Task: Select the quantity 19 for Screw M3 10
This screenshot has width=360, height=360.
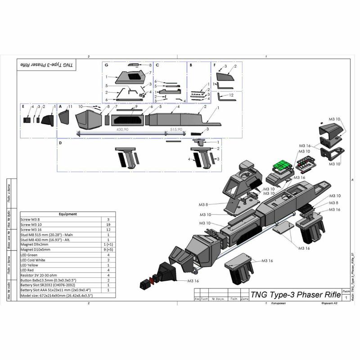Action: pyautogui.click(x=108, y=224)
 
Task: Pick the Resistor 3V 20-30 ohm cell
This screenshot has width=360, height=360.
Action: pyautogui.click(x=41, y=275)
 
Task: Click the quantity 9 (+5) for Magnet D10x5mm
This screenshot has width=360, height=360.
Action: pyautogui.click(x=108, y=249)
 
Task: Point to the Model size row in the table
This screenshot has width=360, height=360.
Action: pyautogui.click(x=57, y=295)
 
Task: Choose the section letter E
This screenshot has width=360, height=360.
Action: pyautogui.click(x=23, y=106)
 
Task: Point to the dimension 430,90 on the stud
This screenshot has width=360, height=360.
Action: pyautogui.click(x=122, y=129)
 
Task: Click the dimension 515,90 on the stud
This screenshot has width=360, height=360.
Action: pyautogui.click(x=176, y=129)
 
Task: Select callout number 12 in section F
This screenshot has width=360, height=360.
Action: pyautogui.click(x=231, y=95)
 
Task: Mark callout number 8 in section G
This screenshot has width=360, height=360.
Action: pyautogui.click(x=150, y=65)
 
